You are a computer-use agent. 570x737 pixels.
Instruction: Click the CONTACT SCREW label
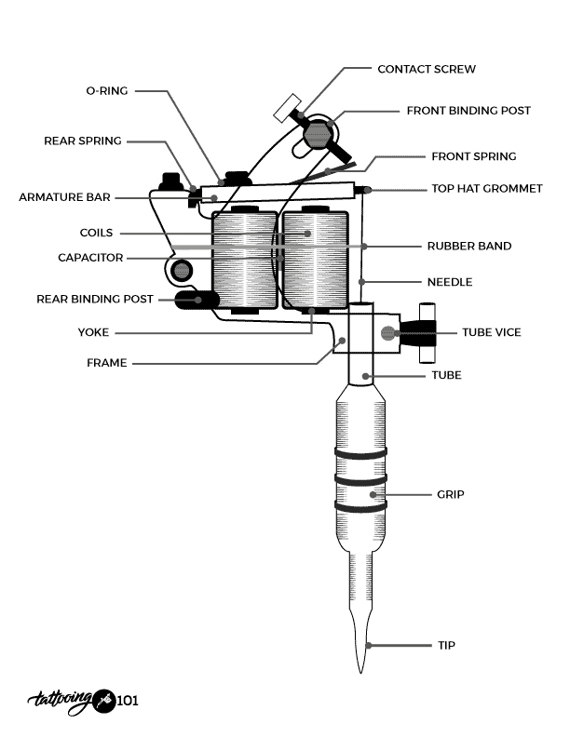tap(427, 69)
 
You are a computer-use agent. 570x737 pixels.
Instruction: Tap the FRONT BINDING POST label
tap(468, 110)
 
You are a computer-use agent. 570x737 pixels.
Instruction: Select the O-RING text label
tap(106, 90)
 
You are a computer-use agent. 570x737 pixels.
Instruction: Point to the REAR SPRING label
tap(83, 141)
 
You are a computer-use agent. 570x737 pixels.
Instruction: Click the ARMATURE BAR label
tap(65, 197)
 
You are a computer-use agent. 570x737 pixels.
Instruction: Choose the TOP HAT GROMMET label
tap(486, 188)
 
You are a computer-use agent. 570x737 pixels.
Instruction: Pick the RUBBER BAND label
tap(468, 247)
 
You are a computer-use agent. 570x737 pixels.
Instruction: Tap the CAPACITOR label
tap(90, 258)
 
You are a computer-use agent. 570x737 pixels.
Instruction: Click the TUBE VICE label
tap(492, 332)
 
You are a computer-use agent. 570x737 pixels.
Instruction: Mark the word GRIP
tap(450, 494)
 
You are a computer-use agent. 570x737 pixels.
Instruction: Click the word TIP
tap(446, 645)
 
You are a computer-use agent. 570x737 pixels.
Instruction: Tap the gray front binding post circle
tap(317, 134)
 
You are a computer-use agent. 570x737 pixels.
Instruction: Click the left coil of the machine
tap(245, 261)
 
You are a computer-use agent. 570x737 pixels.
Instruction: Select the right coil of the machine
tap(315, 261)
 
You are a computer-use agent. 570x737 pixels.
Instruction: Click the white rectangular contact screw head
tap(284, 106)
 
